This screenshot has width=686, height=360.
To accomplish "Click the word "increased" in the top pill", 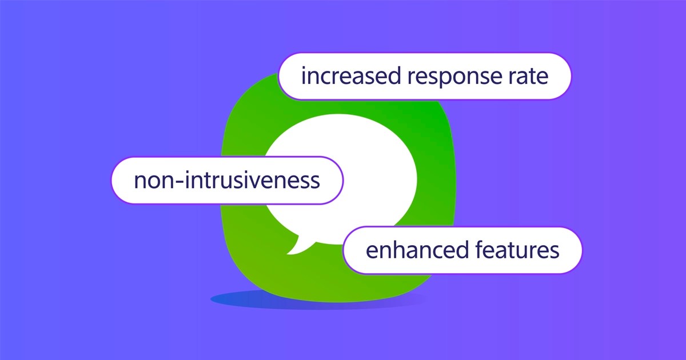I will click(343, 77).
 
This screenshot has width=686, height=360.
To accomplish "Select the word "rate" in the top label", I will click(529, 77).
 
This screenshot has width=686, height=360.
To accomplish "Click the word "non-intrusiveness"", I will click(227, 181).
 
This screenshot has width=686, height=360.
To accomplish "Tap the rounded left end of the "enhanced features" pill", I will click(350, 250).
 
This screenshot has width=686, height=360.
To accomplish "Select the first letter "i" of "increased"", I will click(304, 76).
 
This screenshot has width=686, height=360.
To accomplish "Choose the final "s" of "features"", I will click(554, 251).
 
